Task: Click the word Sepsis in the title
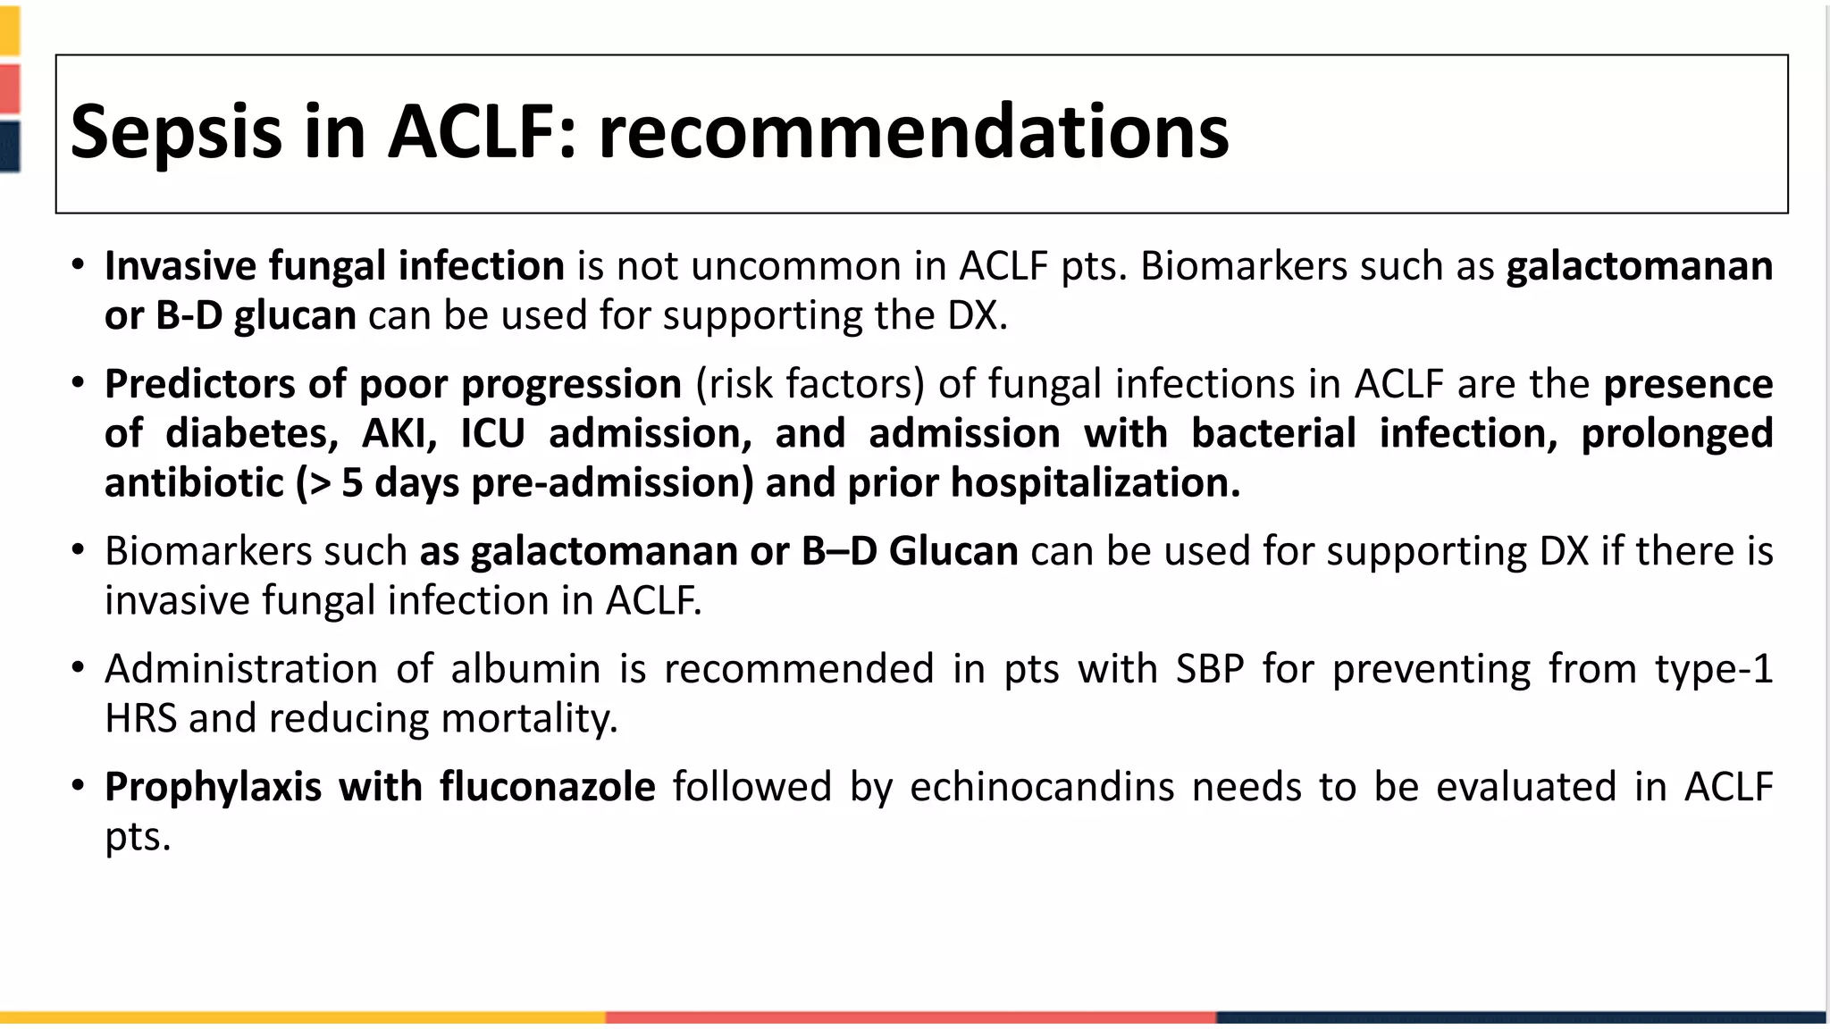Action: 176,132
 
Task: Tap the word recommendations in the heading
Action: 913,132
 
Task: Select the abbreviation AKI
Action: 399,433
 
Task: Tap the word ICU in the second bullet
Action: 492,433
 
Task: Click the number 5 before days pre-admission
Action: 352,483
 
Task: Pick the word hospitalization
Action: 1095,483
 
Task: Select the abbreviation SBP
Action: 1210,669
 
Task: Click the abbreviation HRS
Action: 141,718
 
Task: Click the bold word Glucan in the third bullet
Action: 953,551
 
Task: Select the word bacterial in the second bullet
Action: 1275,433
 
